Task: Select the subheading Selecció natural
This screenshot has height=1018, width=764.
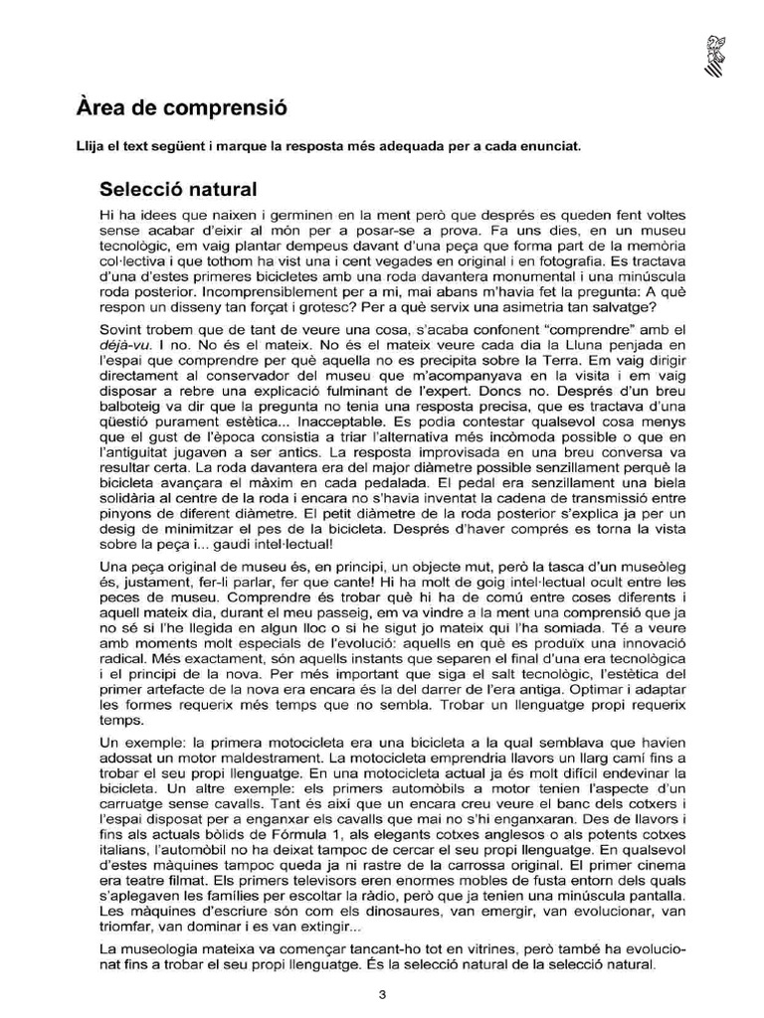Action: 178,188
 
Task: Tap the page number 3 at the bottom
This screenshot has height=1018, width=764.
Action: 381,994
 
